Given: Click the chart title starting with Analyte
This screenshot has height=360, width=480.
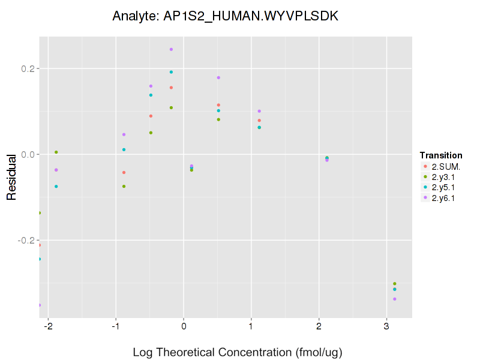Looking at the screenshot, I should click(226, 16).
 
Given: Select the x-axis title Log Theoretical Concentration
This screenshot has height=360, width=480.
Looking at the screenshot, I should click(237, 352).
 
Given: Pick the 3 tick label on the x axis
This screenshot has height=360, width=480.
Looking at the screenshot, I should click(386, 327).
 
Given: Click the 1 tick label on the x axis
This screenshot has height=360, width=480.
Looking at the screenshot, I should click(251, 327).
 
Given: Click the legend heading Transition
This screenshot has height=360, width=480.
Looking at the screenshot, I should click(441, 155).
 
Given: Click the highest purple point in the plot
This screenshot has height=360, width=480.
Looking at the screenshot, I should click(171, 49).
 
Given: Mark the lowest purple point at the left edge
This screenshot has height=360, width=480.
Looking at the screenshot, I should click(40, 305).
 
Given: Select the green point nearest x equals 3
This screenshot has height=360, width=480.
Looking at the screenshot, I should click(395, 284).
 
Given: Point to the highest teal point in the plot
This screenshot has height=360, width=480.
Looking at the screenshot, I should click(171, 72).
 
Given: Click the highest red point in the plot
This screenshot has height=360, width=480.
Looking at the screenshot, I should click(171, 88).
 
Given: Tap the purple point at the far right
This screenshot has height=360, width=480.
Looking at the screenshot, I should click(395, 299).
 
